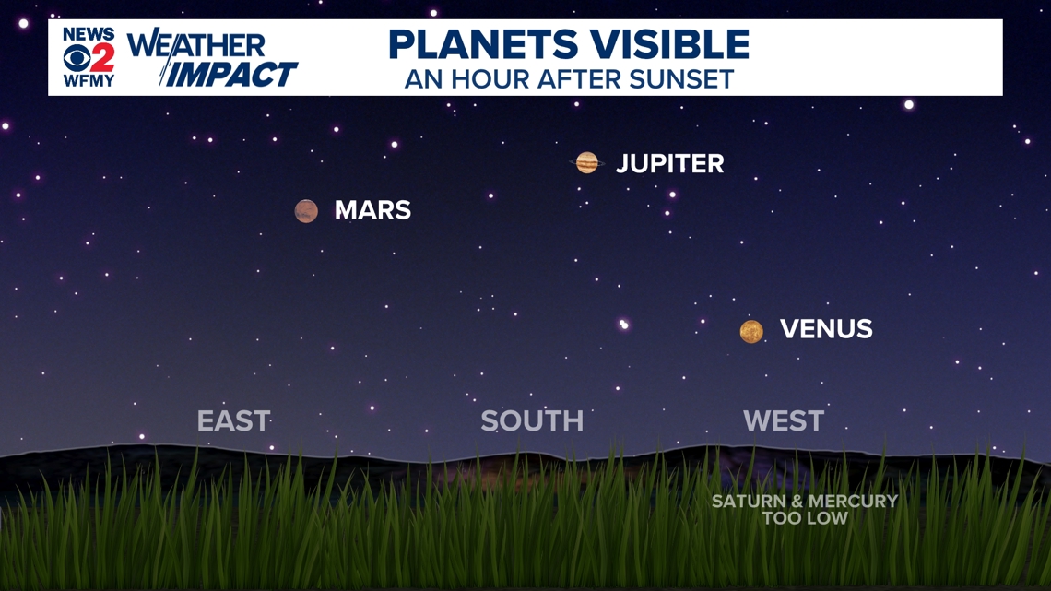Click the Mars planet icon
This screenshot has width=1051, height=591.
pyautogui.click(x=306, y=211)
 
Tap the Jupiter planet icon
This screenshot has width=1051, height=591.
pyautogui.click(x=587, y=162)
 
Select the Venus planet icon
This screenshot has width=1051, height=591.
pyautogui.click(x=751, y=331)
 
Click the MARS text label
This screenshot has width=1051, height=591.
pyautogui.click(x=372, y=210)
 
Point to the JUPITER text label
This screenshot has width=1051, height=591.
pyautogui.click(x=669, y=163)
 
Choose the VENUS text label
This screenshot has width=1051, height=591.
pyautogui.click(x=826, y=329)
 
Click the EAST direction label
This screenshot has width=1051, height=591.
pyautogui.click(x=233, y=420)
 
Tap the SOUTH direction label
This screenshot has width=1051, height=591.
pyautogui.click(x=532, y=420)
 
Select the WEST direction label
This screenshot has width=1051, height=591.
pyautogui.click(x=784, y=420)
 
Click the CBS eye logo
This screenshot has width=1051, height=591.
pyautogui.click(x=77, y=58)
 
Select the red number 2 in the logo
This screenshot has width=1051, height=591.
pyautogui.click(x=102, y=58)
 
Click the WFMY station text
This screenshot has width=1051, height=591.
pyautogui.click(x=89, y=81)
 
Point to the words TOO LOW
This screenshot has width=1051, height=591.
pyautogui.click(x=805, y=518)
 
